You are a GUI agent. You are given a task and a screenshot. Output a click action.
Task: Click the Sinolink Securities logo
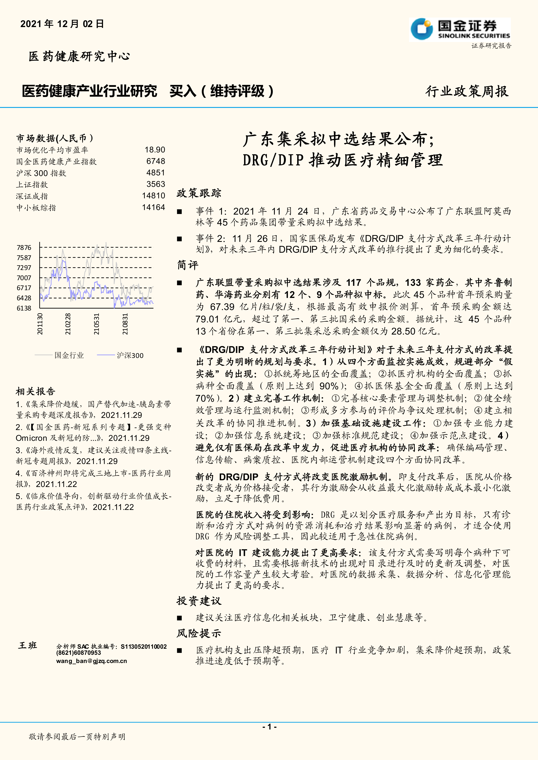[460, 29]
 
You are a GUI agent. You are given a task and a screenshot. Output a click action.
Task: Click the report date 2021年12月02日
[62, 24]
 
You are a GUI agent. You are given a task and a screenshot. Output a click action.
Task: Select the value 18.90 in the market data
[155, 150]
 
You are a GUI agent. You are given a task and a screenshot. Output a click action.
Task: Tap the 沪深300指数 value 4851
[156, 173]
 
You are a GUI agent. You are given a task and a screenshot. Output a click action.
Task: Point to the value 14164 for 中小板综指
[153, 208]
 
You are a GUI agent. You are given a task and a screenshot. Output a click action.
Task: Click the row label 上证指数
[32, 185]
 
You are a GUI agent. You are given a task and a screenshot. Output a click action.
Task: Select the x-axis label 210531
[96, 324]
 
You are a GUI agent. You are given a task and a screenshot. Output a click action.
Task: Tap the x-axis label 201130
[40, 324]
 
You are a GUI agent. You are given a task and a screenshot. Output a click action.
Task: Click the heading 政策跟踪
[199, 193]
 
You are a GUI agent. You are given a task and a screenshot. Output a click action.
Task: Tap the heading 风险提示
[199, 633]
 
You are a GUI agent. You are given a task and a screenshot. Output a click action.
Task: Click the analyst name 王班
[28, 645]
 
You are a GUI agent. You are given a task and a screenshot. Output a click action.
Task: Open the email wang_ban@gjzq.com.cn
[91, 661]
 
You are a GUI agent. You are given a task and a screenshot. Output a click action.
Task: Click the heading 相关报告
[36, 391]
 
